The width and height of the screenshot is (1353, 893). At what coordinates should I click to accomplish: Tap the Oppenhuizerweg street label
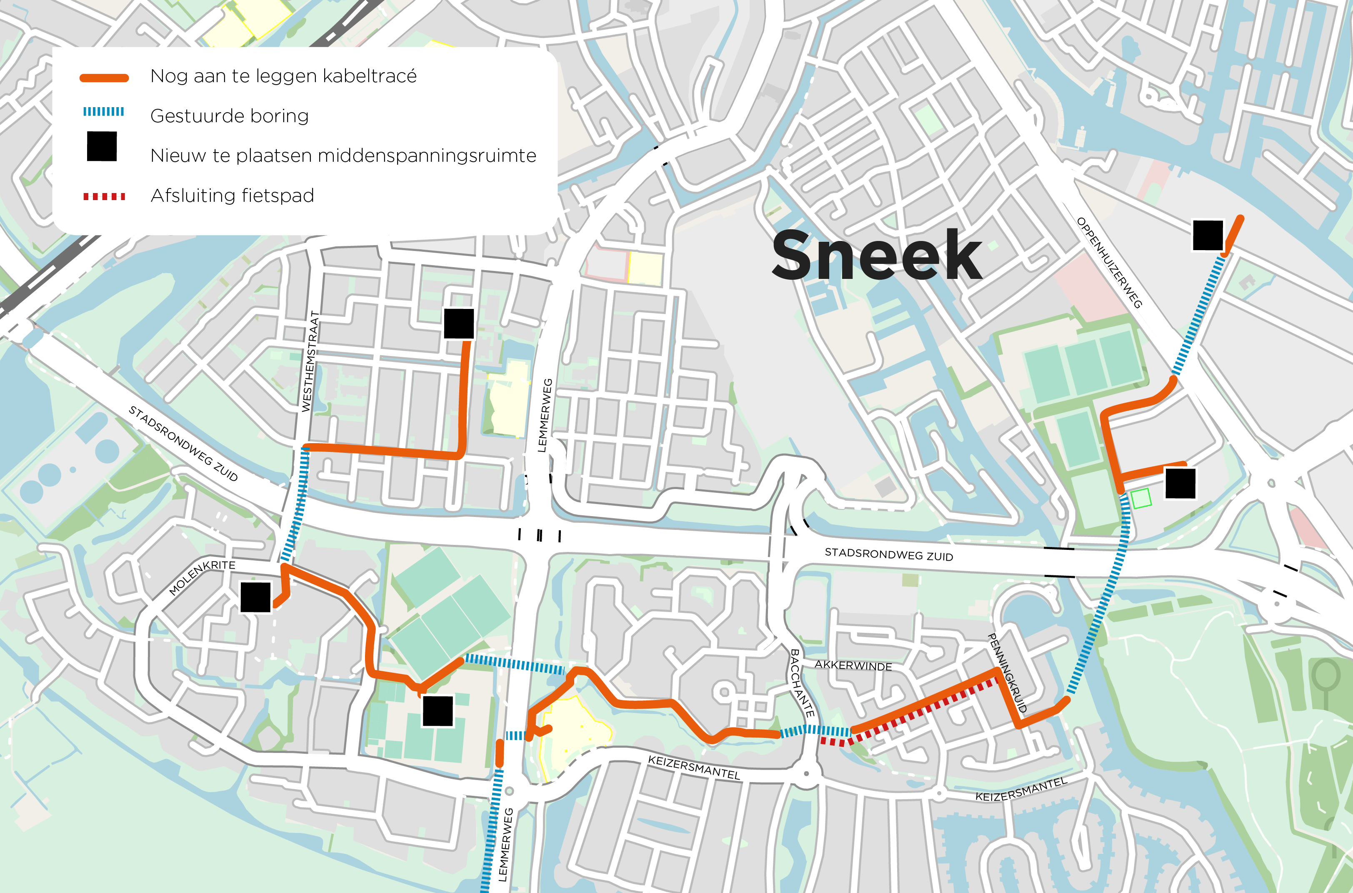(x=1109, y=263)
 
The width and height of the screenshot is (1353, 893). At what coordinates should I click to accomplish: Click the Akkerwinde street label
(x=853, y=665)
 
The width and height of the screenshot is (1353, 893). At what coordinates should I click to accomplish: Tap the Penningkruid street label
(x=1007, y=672)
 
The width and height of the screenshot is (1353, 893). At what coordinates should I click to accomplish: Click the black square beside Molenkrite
(x=255, y=597)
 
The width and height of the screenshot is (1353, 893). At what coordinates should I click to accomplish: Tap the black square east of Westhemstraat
(x=459, y=324)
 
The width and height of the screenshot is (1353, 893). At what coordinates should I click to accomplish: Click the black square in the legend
(x=102, y=146)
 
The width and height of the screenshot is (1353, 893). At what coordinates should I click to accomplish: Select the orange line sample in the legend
(x=104, y=78)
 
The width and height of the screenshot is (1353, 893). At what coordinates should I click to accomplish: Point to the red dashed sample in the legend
(x=104, y=196)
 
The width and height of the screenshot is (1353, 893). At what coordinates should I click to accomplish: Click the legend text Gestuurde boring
(x=230, y=116)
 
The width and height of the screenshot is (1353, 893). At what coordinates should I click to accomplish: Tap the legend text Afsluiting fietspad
(x=232, y=196)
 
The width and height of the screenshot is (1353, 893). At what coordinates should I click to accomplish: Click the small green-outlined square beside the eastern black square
(x=1140, y=498)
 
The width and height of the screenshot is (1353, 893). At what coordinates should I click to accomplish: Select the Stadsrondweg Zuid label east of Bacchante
(x=888, y=554)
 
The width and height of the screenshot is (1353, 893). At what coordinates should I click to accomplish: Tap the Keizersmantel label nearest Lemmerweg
(x=693, y=767)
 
